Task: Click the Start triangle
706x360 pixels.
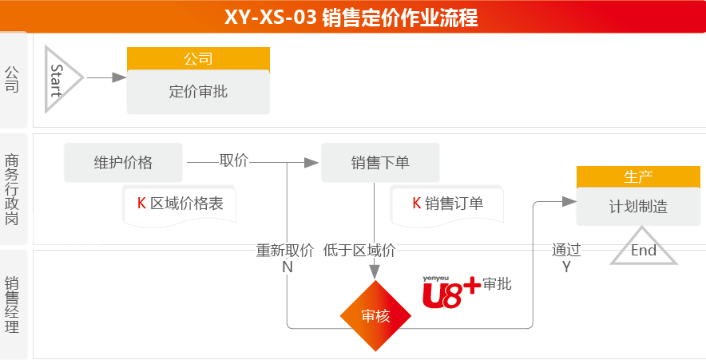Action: point(58,79)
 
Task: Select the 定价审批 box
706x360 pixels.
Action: point(198,92)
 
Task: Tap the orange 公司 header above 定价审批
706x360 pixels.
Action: point(198,58)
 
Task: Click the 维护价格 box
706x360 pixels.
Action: point(123,163)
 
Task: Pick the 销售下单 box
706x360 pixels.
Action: point(380,163)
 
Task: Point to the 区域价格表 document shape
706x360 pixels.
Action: point(180,205)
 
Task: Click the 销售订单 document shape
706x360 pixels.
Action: point(447,205)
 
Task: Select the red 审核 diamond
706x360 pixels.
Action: point(375,316)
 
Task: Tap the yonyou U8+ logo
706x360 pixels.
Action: point(451,291)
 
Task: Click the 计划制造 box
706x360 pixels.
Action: point(638,207)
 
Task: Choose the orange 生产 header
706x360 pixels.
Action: point(638,177)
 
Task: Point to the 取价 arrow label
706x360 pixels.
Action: point(234,160)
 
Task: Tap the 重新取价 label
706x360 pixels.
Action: point(285,250)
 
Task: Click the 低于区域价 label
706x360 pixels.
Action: point(359,250)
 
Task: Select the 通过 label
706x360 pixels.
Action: point(566,250)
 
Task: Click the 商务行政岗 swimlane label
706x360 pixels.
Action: point(12,189)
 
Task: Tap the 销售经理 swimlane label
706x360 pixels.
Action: point(12,305)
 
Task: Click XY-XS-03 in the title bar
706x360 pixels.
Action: point(270,18)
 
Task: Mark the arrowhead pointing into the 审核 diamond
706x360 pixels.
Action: point(374,272)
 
